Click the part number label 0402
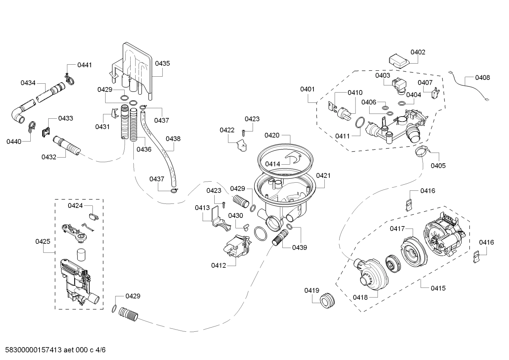[418, 52]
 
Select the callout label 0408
[482, 77]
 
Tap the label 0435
[162, 63]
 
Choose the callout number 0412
[218, 265]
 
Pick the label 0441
[84, 65]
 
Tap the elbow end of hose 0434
[18, 116]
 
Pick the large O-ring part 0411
[359, 122]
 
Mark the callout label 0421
[323, 175]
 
